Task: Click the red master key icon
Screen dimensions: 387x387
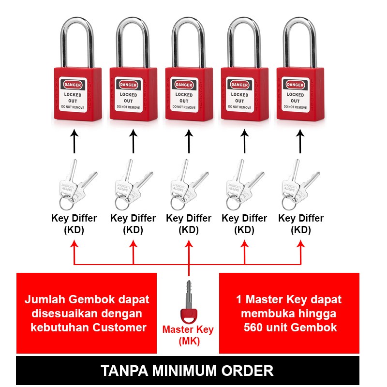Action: [x=189, y=304]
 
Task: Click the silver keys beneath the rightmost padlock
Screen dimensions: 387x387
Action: [x=296, y=183]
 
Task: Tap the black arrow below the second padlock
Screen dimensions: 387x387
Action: [x=133, y=141]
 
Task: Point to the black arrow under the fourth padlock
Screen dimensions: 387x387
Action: [x=244, y=141]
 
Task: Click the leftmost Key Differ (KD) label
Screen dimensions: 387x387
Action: [x=74, y=224]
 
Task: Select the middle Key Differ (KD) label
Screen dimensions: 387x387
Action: [x=189, y=224]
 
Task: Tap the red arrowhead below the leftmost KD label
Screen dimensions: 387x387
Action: [x=74, y=246]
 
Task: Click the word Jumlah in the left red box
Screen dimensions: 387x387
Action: [x=43, y=299]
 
